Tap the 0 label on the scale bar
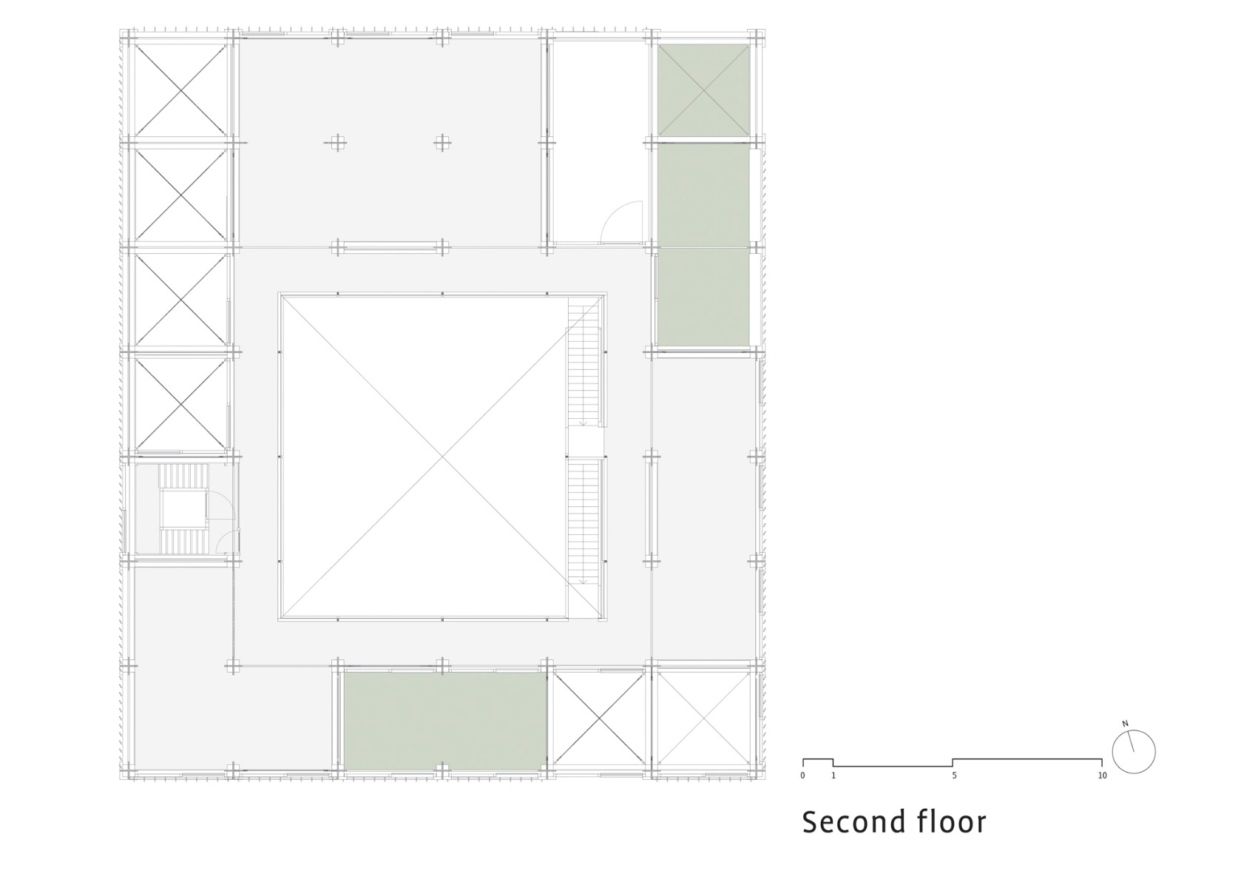[802, 776]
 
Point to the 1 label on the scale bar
[833, 776]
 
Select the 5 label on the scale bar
[954, 776]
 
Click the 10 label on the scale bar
[1102, 776]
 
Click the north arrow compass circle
[1133, 753]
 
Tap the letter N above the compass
[1125, 724]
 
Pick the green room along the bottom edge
[444, 719]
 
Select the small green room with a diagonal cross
[703, 90]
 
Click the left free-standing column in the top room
[337, 143]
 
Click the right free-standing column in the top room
[442, 143]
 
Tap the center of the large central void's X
[442, 457]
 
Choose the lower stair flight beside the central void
[585, 522]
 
